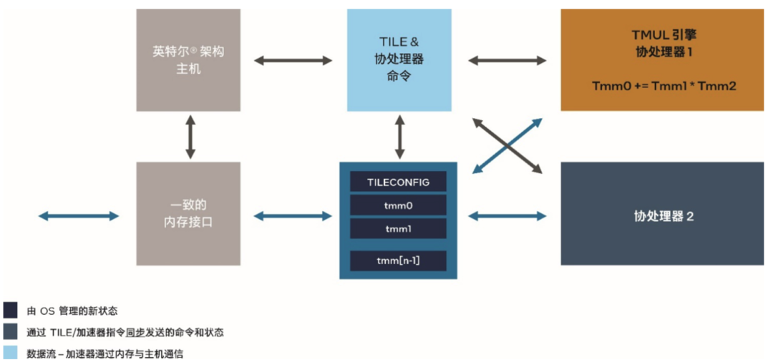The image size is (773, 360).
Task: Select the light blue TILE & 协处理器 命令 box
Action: pos(399,60)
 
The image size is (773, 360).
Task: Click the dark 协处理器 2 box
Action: pos(661,213)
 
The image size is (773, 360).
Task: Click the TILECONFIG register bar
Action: pos(398,182)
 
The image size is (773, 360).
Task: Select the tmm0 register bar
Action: pos(398,205)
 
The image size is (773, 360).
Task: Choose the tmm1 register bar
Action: pos(398,229)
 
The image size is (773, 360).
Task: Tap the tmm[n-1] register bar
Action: pos(398,261)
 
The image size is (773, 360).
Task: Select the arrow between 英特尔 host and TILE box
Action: pos(293,61)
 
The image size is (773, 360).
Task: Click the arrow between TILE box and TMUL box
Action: pos(506,61)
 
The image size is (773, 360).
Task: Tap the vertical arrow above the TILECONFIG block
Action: pos(399,137)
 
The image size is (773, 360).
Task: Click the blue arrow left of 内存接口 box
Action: pos(79,215)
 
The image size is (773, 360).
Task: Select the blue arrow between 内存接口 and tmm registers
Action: pos(293,215)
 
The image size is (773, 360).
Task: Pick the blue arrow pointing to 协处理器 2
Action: pos(506,215)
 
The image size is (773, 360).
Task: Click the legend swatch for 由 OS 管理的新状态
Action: pos(11,311)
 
